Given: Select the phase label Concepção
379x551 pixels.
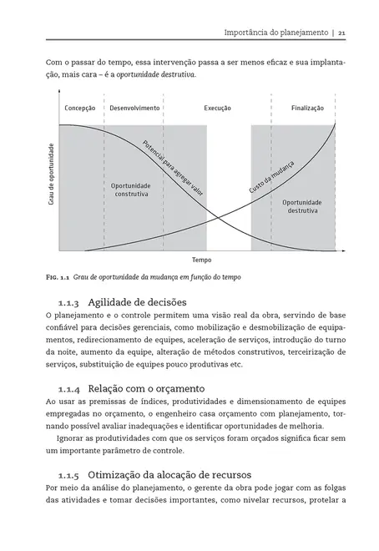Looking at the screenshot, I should [x=80, y=109].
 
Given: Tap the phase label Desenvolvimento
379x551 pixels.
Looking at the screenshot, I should [x=135, y=109].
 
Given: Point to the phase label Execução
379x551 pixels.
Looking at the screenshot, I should [x=218, y=109].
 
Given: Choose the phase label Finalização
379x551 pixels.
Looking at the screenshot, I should [x=307, y=109].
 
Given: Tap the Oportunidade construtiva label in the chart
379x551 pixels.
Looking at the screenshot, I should [x=131, y=190].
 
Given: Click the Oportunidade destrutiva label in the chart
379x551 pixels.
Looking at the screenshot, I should [x=301, y=206].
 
